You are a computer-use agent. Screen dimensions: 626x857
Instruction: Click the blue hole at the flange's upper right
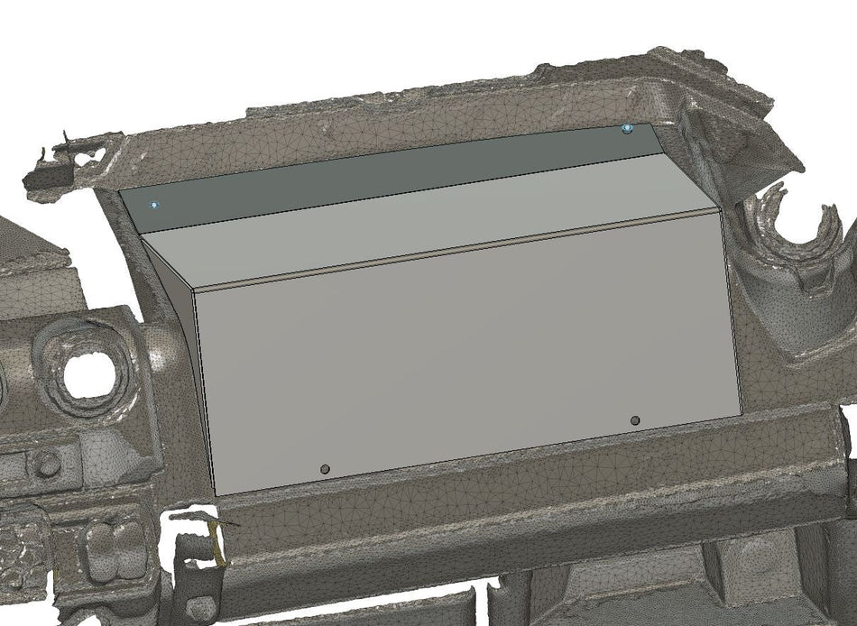click(x=628, y=130)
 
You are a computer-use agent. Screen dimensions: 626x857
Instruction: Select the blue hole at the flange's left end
click(x=155, y=205)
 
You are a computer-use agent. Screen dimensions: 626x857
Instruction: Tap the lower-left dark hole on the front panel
click(x=325, y=469)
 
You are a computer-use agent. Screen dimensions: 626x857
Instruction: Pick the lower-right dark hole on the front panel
click(x=635, y=420)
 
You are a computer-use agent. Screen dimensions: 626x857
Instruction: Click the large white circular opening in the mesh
click(x=90, y=374)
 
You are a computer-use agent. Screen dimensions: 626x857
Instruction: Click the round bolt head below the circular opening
click(x=47, y=465)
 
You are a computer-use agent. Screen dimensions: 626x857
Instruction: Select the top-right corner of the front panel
click(x=719, y=208)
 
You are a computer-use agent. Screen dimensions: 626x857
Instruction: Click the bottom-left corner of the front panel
click(x=217, y=494)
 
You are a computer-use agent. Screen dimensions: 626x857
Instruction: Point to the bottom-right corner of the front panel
click(x=742, y=414)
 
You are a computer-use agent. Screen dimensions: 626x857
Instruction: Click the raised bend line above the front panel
click(x=451, y=252)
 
